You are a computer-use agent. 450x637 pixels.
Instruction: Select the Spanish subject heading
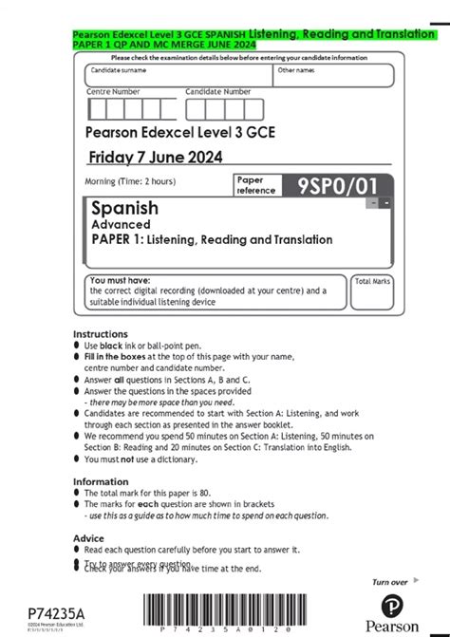(x=124, y=207)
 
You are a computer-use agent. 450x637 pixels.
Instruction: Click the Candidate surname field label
(x=119, y=70)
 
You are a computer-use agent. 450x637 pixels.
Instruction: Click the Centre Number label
(x=113, y=91)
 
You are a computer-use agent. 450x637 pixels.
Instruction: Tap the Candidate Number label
(x=218, y=91)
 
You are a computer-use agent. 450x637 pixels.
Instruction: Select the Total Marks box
(x=372, y=294)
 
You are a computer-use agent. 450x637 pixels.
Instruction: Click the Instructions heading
(x=101, y=334)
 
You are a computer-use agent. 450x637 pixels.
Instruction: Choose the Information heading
(x=100, y=481)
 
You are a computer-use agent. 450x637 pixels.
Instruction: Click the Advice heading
(x=89, y=538)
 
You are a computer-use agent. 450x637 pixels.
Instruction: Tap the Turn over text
(x=389, y=581)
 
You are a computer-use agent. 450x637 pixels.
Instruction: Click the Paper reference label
(x=256, y=184)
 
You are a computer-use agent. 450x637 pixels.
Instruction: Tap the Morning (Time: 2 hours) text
(x=130, y=181)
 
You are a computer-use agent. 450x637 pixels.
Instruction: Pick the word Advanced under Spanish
(x=121, y=224)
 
